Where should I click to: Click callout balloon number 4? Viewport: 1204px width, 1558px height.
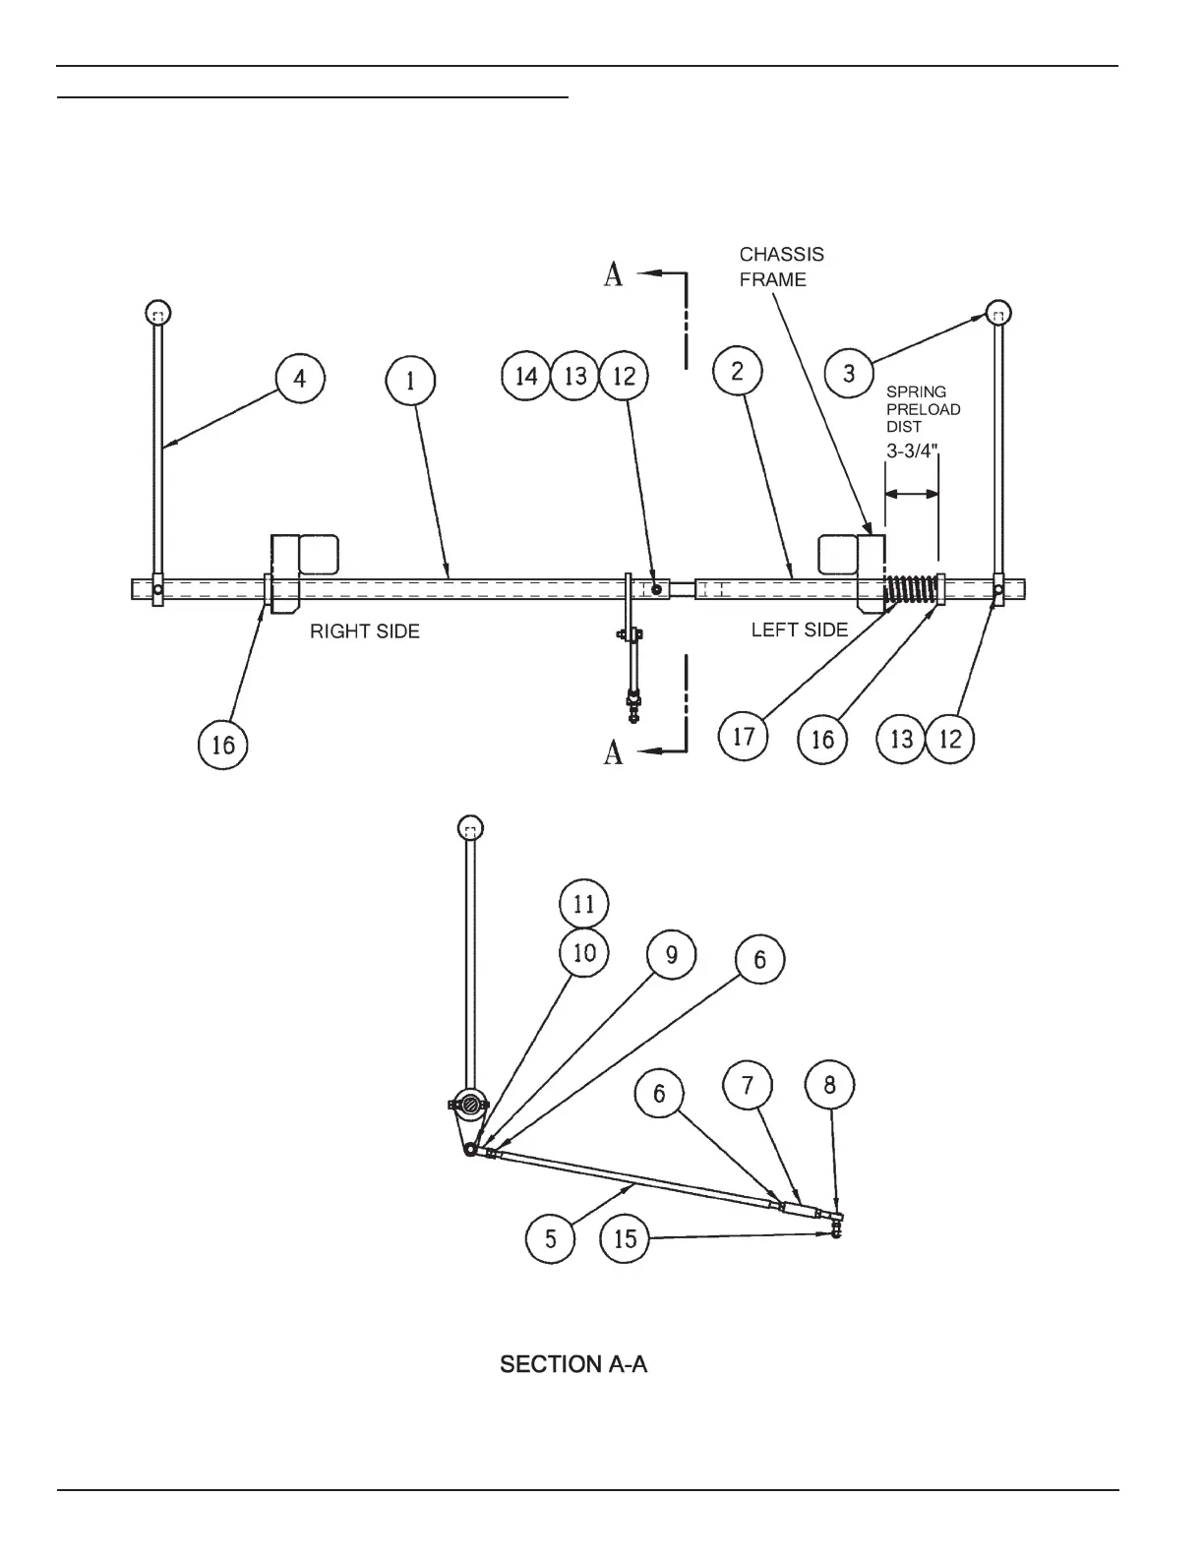pyautogui.click(x=300, y=379)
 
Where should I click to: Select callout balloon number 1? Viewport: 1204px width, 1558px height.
pyautogui.click(x=411, y=381)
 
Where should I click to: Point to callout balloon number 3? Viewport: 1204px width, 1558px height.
pyautogui.click(x=850, y=374)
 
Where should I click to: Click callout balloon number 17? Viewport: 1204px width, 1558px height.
pyautogui.click(x=744, y=735)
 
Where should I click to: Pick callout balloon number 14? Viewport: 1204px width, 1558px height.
pyautogui.click(x=526, y=376)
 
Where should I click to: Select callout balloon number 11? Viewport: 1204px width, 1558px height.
pyautogui.click(x=584, y=904)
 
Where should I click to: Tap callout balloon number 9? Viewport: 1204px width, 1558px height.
pyautogui.click(x=671, y=955)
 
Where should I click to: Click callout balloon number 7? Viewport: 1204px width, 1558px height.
pyautogui.click(x=748, y=1086)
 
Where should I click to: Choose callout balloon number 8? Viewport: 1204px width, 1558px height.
pyautogui.click(x=829, y=1086)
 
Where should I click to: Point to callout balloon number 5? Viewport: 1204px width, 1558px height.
pyautogui.click(x=551, y=1238)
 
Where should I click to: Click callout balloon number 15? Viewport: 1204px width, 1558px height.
pyautogui.click(x=626, y=1238)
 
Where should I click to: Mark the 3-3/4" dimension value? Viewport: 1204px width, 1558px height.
pyautogui.click(x=912, y=451)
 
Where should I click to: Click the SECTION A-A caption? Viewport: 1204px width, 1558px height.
pyautogui.click(x=573, y=1364)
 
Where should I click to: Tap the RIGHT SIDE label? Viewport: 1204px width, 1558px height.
pyautogui.click(x=365, y=631)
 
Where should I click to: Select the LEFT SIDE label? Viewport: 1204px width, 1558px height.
pyautogui.click(x=799, y=629)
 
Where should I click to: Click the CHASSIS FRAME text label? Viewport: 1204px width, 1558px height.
pyautogui.click(x=781, y=267)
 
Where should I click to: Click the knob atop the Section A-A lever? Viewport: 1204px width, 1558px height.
pyautogui.click(x=471, y=829)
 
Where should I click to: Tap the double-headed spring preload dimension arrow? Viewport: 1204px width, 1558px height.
pyautogui.click(x=912, y=495)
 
